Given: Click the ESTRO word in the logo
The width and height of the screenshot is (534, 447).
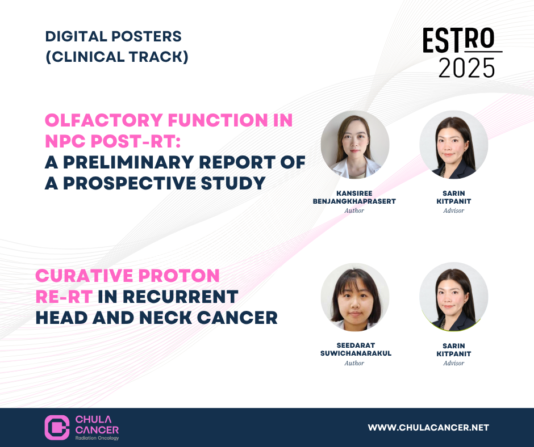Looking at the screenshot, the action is (x=458, y=40).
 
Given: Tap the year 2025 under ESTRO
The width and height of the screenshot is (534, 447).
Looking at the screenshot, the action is (x=466, y=68).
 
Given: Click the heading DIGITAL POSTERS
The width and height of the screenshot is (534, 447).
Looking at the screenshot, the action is (x=114, y=36).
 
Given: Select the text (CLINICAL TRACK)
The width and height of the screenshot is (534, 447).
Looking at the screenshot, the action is (x=117, y=57).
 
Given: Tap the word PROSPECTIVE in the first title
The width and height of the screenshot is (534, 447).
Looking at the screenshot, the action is (x=129, y=183).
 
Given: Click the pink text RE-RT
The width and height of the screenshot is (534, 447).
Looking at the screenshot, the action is (x=64, y=297).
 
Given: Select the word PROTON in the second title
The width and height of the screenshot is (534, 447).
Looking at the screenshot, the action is (x=179, y=276).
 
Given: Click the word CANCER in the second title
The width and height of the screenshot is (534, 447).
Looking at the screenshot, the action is (x=237, y=318).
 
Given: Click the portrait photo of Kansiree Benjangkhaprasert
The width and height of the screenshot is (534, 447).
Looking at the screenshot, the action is (x=355, y=145).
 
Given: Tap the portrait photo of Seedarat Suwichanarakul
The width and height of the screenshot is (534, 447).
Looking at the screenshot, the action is (x=355, y=297).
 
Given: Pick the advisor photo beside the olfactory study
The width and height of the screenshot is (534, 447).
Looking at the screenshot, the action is (x=454, y=145).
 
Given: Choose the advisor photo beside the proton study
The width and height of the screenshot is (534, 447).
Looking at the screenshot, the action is (x=454, y=297).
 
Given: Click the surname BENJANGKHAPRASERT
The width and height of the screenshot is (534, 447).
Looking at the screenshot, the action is (x=354, y=201).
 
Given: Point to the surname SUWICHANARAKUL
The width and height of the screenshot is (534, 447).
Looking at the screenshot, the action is (x=356, y=353).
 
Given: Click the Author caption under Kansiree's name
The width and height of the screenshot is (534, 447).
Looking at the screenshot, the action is (x=354, y=210).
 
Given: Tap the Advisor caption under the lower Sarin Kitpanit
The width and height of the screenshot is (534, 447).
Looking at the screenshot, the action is (x=454, y=363).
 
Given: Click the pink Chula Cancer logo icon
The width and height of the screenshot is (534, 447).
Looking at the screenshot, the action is (x=57, y=427).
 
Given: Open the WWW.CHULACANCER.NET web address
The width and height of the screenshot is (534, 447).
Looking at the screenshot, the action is (x=428, y=428).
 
